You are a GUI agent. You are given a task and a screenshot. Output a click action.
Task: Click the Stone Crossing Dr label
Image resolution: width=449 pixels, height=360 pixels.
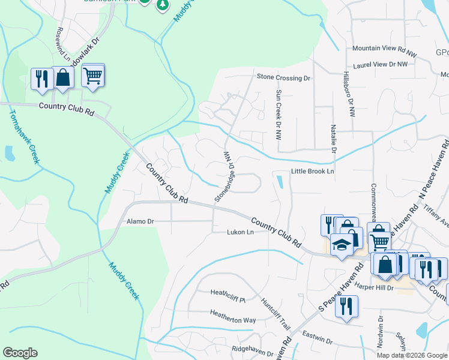point(283,77)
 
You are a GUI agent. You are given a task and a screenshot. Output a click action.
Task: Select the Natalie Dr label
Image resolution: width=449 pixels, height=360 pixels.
point(332,139)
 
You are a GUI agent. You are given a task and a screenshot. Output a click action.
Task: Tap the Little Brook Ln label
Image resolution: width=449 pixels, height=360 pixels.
point(312,172)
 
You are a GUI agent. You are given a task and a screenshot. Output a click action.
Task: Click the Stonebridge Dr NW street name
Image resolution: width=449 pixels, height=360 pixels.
point(223,176)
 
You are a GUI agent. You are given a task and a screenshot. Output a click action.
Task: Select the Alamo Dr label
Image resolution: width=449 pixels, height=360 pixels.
point(140,221)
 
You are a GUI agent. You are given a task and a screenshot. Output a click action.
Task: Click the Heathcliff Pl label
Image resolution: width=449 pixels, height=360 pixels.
point(228,293)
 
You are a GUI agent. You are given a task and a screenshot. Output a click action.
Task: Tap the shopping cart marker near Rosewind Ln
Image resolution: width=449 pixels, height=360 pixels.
point(93,76)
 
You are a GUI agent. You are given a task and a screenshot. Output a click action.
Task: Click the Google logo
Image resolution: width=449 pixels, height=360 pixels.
point(20,353)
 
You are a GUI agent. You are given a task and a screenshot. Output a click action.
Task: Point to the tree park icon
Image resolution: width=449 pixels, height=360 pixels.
point(162,5)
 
